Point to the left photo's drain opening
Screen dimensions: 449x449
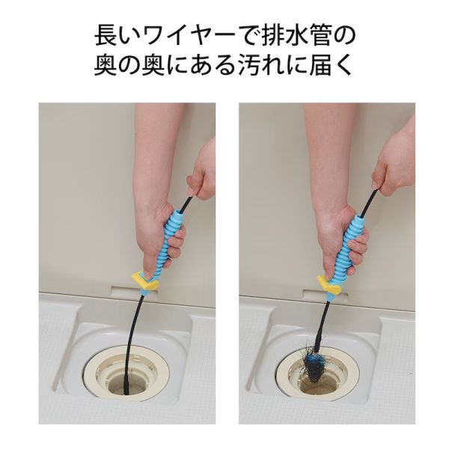coord(128,378)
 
